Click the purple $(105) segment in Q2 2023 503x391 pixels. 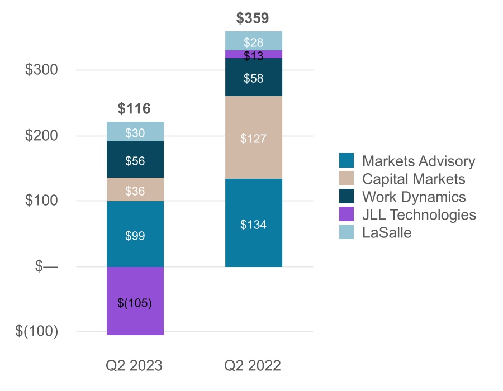coord(135,302)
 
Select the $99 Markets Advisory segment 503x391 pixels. coord(135,235)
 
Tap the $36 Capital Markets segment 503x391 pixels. coord(135,190)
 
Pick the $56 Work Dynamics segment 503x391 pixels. coord(135,160)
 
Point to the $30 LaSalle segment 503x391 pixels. coord(135,132)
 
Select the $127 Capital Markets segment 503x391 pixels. coord(253,138)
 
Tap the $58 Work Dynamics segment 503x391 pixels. coord(253,78)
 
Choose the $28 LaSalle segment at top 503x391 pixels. coord(253,41)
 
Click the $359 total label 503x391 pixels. coord(253,18)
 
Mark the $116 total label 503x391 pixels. coord(135,109)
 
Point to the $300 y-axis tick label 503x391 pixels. coord(42,70)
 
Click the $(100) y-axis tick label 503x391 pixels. coord(37,331)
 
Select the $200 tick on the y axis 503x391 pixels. coord(42,136)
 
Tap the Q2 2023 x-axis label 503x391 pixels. coord(135,366)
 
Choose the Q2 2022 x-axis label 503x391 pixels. coord(253,366)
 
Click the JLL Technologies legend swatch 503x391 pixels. coord(347,215)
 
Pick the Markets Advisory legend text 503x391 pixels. coord(419,161)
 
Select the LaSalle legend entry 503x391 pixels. coord(387,233)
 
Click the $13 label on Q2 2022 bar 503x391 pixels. coord(253,56)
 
